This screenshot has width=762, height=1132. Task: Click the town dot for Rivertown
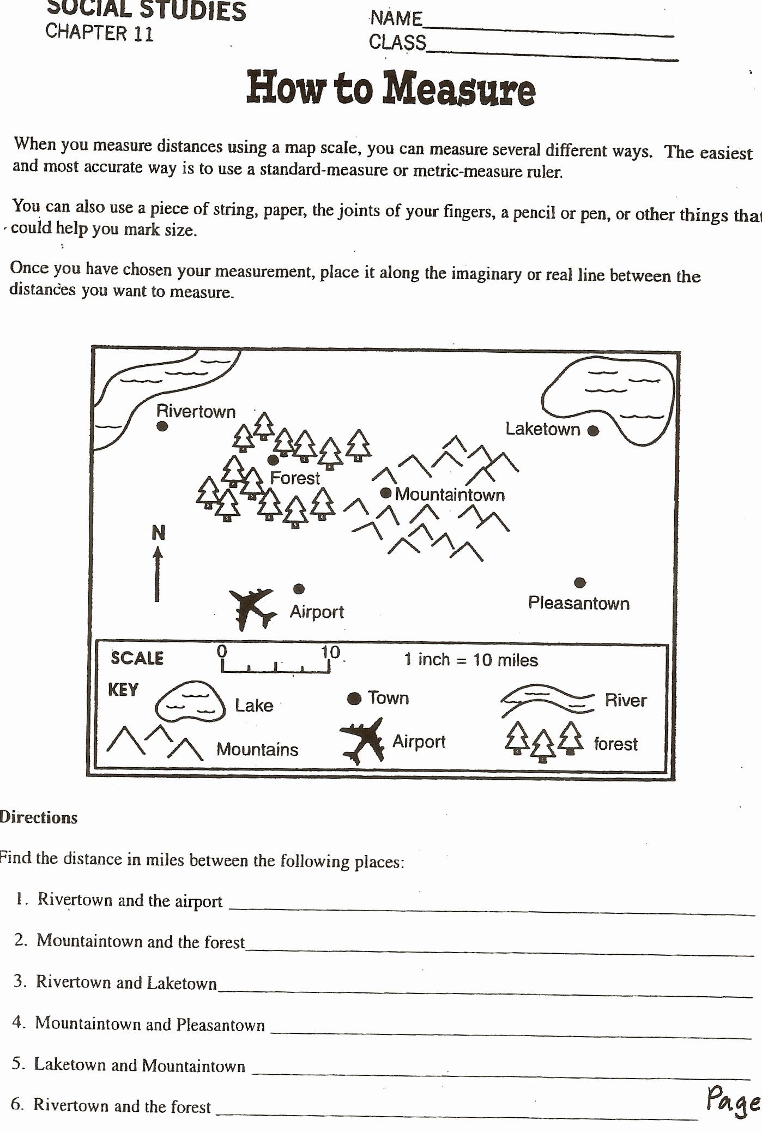(162, 426)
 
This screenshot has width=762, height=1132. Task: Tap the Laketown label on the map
(542, 429)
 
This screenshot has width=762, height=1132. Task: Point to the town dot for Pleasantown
(580, 583)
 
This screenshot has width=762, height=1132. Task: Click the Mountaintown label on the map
(450, 495)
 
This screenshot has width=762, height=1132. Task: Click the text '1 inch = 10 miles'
(470, 660)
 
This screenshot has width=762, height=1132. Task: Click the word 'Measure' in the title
(458, 89)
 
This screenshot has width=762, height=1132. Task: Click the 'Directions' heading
(38, 817)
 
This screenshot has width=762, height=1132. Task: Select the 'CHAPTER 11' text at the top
(99, 32)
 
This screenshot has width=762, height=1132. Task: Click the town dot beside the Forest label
(273, 460)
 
